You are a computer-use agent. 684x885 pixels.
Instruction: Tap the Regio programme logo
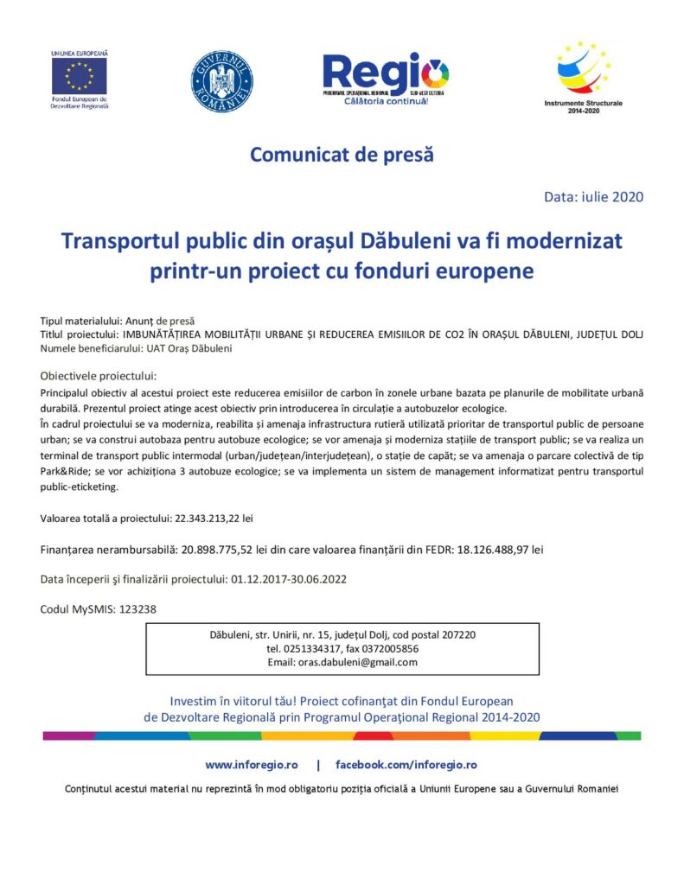point(386,74)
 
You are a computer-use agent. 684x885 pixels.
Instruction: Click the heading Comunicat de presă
point(342,156)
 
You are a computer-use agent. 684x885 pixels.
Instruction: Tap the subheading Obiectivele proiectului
point(98,376)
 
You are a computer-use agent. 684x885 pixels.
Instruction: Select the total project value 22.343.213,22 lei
point(203,519)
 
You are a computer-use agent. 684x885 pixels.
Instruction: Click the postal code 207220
point(457,634)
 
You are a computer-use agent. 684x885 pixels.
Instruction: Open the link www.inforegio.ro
point(252,765)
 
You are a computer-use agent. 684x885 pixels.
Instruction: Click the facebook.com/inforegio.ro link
point(406,765)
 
